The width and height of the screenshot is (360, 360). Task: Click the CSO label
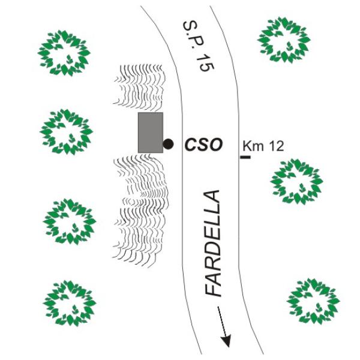(203, 145)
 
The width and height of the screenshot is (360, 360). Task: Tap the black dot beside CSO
(169, 144)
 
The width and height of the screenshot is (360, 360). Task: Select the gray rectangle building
(151, 132)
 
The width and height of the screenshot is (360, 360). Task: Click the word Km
(251, 146)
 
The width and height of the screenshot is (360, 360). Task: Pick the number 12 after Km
(274, 146)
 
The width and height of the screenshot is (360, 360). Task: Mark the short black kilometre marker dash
(245, 157)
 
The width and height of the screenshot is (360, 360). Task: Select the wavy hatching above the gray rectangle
(139, 87)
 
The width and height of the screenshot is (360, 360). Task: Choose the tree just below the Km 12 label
(296, 181)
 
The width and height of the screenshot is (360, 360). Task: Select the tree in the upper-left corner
(65, 52)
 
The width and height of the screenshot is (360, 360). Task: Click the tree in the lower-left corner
(70, 302)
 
